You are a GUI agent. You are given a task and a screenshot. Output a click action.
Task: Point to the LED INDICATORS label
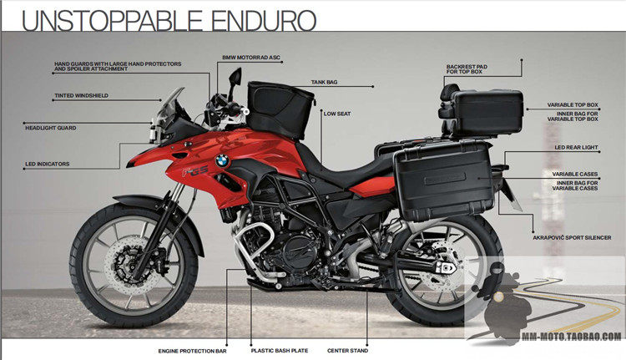(x=48, y=164)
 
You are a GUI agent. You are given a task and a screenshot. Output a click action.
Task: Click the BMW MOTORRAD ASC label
(x=251, y=58)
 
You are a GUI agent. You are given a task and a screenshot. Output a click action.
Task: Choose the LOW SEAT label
(x=336, y=113)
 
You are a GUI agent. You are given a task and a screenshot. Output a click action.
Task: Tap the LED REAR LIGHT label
(x=577, y=148)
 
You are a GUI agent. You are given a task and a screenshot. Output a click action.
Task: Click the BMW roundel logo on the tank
(x=222, y=160)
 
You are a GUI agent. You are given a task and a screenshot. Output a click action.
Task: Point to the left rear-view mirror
(x=235, y=78)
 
